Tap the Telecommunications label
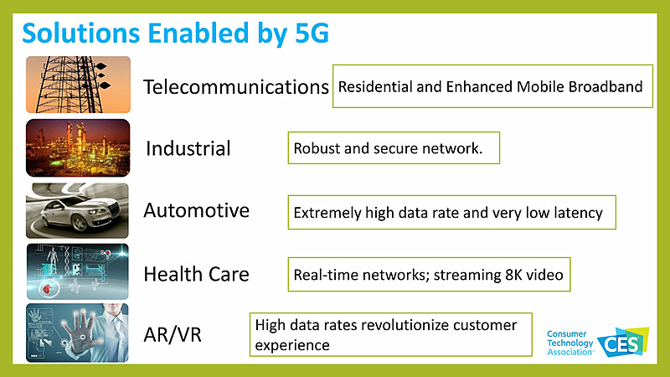[235, 86]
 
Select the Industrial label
[188, 148]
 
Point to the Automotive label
[196, 210]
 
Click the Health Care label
[196, 273]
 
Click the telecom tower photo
[78, 84]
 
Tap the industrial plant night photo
[78, 147]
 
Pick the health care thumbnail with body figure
[78, 271]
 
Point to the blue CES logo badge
[618, 342]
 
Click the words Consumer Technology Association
[569, 343]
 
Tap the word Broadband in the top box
[606, 86]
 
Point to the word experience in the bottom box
[292, 343]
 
